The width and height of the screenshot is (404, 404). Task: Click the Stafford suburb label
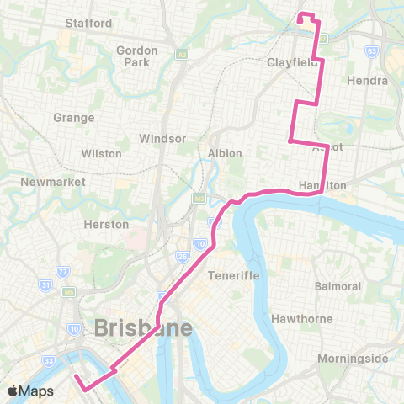(89, 24)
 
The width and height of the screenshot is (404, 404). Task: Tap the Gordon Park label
(137, 56)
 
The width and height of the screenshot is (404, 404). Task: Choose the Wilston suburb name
(102, 154)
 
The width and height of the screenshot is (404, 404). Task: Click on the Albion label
(225, 153)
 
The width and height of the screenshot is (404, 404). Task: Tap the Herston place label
(107, 225)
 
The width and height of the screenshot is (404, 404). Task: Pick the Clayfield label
(292, 63)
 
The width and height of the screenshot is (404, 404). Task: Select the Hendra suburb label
(367, 82)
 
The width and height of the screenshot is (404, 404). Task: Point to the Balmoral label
(338, 286)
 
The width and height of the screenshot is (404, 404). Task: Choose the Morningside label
(353, 359)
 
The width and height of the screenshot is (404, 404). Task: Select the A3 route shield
(180, 54)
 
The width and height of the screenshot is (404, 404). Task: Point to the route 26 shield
(183, 256)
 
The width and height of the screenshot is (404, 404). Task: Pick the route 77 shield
(62, 272)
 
